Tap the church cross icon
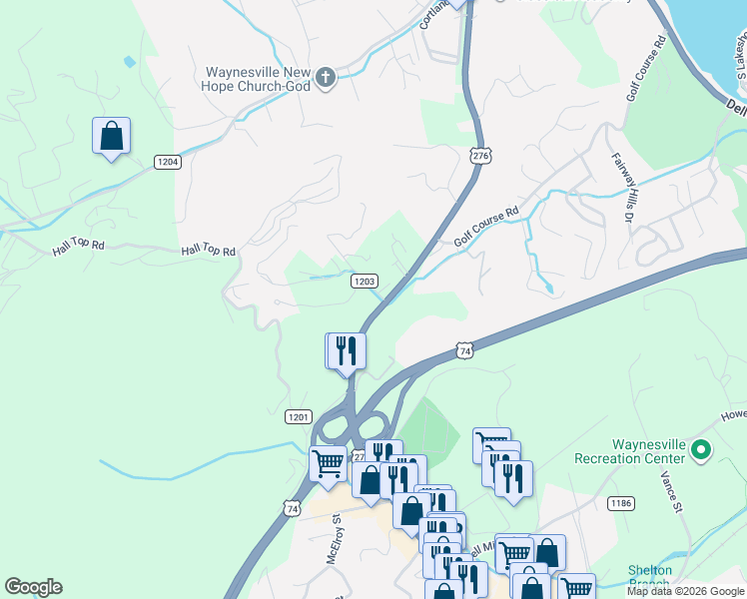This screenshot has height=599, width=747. pos(326,78)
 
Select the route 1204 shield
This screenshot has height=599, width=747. pos(167,162)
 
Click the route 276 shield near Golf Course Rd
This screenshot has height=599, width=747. pos(481,156)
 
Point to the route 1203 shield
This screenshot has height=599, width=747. pos(365,282)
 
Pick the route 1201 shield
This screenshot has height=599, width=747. pos(299,416)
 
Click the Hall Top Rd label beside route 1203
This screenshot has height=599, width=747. pos(208,252)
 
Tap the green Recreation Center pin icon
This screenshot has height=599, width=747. pos(700,451)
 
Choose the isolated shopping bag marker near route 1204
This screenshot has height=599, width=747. pos(112,137)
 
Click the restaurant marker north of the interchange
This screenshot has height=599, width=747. pos(347,351)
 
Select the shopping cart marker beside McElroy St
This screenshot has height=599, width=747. pos(328,464)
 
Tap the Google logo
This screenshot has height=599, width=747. pos(33,587)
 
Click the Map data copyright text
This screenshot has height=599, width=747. pos(686,591)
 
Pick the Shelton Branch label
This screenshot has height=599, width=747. pos(649,577)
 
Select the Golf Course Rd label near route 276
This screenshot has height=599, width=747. pos(486,227)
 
